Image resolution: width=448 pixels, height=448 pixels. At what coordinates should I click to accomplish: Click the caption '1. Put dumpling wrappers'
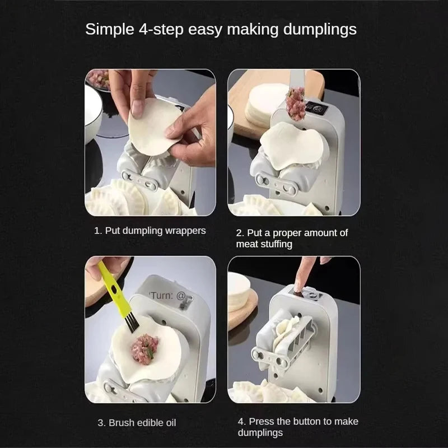click(150, 230)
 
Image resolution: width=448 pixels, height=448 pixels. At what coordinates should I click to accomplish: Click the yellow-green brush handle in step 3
click(109, 286)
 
